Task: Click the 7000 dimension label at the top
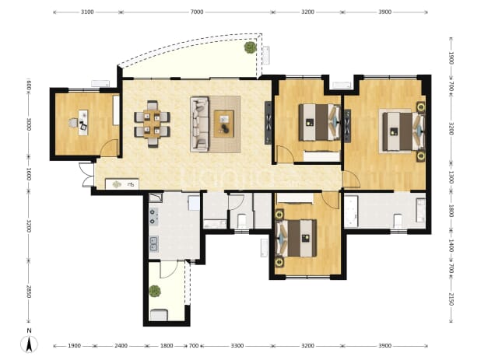(x=197, y=12)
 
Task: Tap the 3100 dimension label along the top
(x=87, y=12)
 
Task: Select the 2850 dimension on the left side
(x=28, y=292)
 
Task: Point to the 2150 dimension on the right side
(x=451, y=299)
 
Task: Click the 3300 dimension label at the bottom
(x=237, y=346)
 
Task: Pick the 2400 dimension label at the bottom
(x=121, y=346)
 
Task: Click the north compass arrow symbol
(x=29, y=344)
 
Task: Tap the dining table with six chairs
(x=152, y=124)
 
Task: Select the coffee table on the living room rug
(x=224, y=124)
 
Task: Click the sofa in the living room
(x=199, y=124)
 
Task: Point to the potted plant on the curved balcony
(x=251, y=47)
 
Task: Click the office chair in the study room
(x=73, y=123)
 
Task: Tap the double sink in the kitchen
(x=153, y=244)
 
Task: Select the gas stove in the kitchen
(x=153, y=217)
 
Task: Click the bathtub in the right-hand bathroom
(x=351, y=211)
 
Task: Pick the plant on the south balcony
(x=155, y=291)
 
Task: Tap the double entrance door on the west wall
(x=87, y=174)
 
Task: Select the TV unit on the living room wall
(x=268, y=123)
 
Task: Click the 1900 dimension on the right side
(x=451, y=58)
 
